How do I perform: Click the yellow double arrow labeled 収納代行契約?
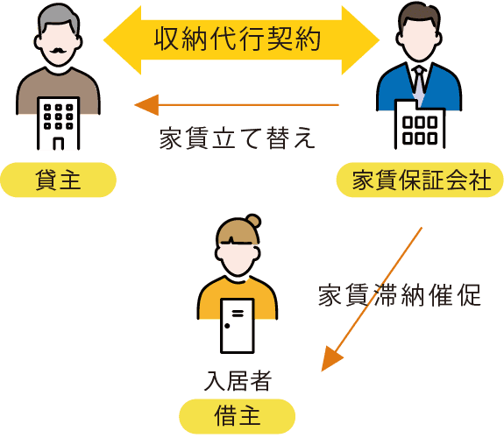click(x=241, y=40)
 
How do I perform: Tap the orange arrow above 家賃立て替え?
click(x=237, y=105)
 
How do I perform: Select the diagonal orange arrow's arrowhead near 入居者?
click(x=331, y=358)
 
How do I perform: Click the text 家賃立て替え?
click(x=238, y=138)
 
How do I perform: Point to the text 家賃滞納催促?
click(x=400, y=294)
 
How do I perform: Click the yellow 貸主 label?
click(x=58, y=180)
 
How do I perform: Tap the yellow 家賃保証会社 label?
click(x=420, y=180)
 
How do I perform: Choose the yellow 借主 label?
click(x=238, y=416)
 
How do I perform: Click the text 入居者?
click(x=238, y=381)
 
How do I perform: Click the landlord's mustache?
click(x=58, y=51)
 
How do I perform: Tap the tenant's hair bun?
click(x=253, y=221)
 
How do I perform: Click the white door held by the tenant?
click(x=238, y=326)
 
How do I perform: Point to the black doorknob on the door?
click(x=227, y=326)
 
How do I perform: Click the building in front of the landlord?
click(x=58, y=124)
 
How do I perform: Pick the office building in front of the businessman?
click(x=420, y=124)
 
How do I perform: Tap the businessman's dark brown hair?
click(x=419, y=15)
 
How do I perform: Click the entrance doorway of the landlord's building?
click(x=58, y=144)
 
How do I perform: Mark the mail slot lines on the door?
click(x=238, y=313)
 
